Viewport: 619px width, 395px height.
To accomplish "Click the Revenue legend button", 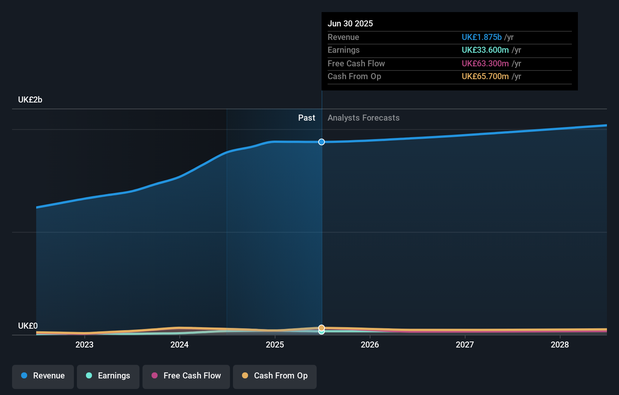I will pos(43,376).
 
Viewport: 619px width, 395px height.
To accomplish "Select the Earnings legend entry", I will pos(108,376).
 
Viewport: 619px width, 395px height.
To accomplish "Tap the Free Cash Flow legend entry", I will pos(186,376).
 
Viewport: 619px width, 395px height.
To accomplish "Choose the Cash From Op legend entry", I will pos(275,376).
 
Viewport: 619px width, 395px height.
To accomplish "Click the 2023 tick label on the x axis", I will pos(84,345).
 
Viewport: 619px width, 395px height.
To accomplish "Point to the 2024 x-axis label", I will pos(179,345).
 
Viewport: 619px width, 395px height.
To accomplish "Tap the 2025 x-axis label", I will pos(275,345).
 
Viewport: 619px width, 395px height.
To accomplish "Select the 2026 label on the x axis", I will pos(370,345).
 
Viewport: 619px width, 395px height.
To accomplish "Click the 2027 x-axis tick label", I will pos(465,345).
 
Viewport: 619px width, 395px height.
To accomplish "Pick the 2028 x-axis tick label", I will pos(560,345).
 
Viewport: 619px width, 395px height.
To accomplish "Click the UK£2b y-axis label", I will pos(30,100).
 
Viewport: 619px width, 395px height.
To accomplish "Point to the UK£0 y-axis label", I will pos(28,326).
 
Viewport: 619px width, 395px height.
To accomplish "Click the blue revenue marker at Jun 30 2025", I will pos(322,142).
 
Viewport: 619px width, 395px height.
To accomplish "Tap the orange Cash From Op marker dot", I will pos(322,328).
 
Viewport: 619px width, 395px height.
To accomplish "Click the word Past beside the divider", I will pos(306,118).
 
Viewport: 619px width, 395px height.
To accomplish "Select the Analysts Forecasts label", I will pos(363,118).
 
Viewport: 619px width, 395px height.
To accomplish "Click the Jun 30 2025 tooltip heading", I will pos(350,24).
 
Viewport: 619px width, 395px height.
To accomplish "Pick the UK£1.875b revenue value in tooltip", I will pos(481,37).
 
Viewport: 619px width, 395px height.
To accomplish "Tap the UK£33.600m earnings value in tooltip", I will pos(485,50).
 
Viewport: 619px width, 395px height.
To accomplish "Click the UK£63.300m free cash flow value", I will pos(485,64).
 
